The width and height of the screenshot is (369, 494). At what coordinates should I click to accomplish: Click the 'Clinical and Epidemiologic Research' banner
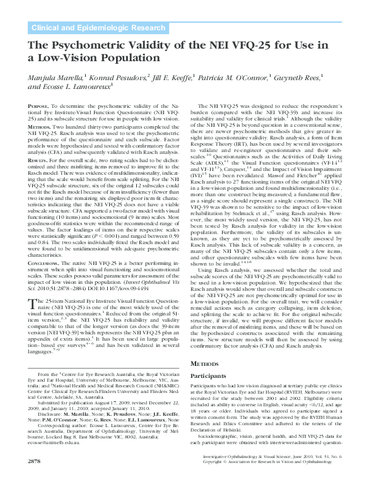point(88,28)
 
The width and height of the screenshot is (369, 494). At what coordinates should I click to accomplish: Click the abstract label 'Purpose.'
point(39,108)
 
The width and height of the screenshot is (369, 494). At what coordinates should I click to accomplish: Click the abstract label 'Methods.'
point(39,126)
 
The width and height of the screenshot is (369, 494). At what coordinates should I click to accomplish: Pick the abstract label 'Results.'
point(39,160)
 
